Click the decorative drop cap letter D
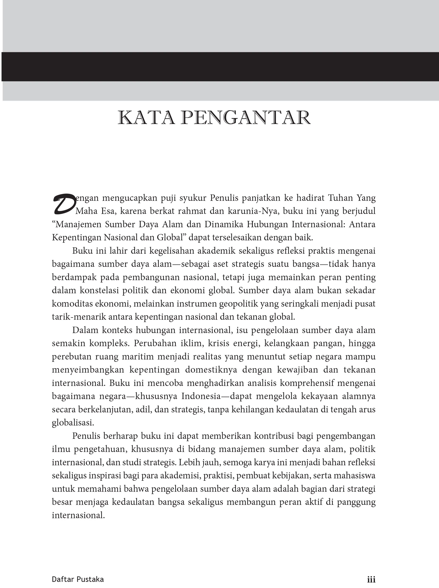64,204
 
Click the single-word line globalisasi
73,423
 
